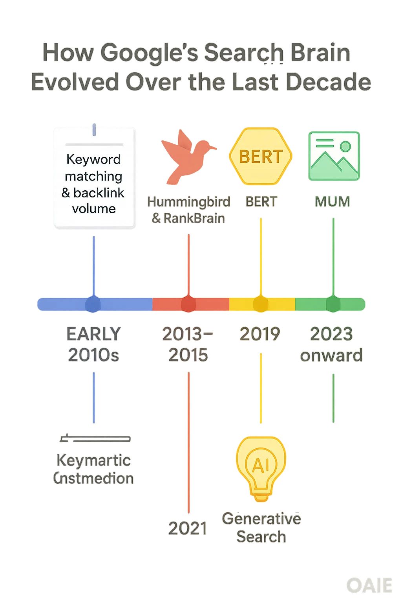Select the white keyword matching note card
click(x=95, y=178)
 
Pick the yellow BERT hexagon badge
click(x=261, y=156)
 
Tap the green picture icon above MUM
click(x=334, y=156)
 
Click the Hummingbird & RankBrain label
click(x=188, y=210)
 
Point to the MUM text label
click(x=333, y=202)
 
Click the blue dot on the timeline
click(x=93, y=304)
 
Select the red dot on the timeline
click(x=188, y=304)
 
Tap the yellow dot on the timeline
click(x=260, y=304)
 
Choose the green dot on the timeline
click(x=333, y=304)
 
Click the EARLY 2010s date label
click(x=93, y=344)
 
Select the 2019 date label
click(x=260, y=334)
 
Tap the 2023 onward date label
click(x=332, y=344)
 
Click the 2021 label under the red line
click(x=188, y=528)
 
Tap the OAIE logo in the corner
click(x=369, y=586)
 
